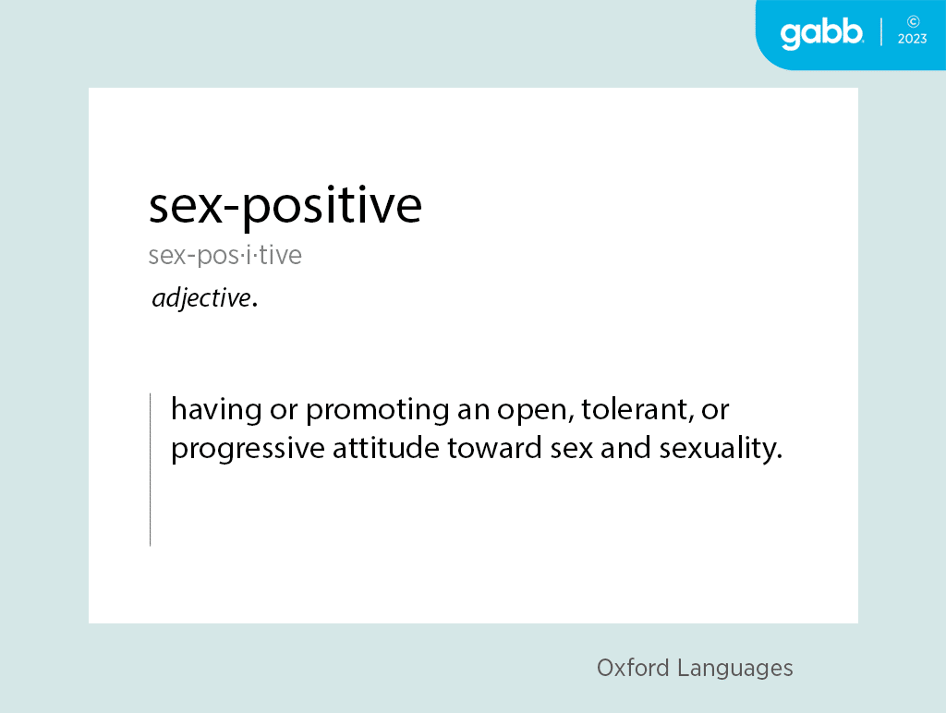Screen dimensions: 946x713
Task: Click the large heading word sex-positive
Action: click(285, 207)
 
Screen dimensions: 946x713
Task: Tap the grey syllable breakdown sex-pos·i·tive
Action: click(225, 255)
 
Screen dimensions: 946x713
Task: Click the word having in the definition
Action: click(216, 409)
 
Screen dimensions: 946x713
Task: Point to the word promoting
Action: click(378, 410)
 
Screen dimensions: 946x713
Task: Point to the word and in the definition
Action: click(617, 448)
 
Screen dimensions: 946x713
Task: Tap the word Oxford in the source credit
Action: click(633, 668)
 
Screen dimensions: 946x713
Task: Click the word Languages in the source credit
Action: click(734, 669)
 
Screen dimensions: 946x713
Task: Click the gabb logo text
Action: click(821, 34)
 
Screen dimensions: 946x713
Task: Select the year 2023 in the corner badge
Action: click(912, 39)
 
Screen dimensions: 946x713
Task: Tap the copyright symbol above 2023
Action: click(914, 22)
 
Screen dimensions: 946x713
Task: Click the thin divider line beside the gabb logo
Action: click(881, 32)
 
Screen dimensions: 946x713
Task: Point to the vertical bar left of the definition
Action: click(151, 469)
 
